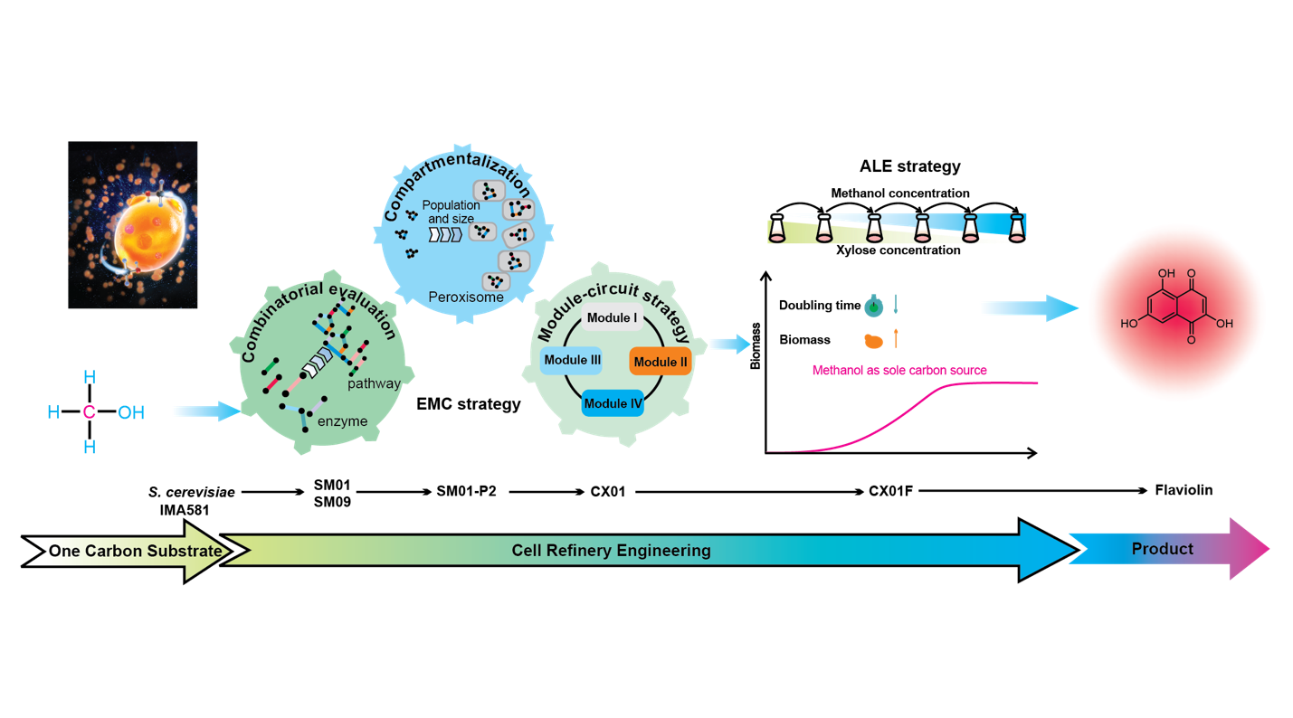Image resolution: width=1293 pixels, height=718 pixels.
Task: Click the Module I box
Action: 612,317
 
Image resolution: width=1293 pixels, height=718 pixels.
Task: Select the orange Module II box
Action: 661,362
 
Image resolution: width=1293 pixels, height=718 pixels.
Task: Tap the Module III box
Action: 572,360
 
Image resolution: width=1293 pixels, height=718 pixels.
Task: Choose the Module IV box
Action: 613,403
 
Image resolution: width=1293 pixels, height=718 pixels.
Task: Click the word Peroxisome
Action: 466,297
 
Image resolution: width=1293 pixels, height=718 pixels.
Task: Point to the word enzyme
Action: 343,421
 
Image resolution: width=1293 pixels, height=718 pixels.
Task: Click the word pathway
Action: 374,383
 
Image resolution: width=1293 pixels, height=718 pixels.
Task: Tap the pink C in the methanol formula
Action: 89,412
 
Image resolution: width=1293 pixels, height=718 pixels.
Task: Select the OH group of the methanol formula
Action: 131,412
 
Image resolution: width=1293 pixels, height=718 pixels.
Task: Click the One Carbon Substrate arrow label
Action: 135,551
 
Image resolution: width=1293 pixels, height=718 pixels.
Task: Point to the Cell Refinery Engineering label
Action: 611,551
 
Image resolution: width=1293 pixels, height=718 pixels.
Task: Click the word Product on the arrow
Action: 1162,549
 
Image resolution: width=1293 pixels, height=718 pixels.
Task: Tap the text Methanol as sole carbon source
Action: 898,370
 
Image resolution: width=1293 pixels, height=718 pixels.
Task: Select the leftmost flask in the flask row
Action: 777,228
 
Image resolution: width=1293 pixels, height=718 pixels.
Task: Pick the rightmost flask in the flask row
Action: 1017,228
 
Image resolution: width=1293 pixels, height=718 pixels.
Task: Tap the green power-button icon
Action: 872,307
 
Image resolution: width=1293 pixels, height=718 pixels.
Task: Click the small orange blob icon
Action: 873,341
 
